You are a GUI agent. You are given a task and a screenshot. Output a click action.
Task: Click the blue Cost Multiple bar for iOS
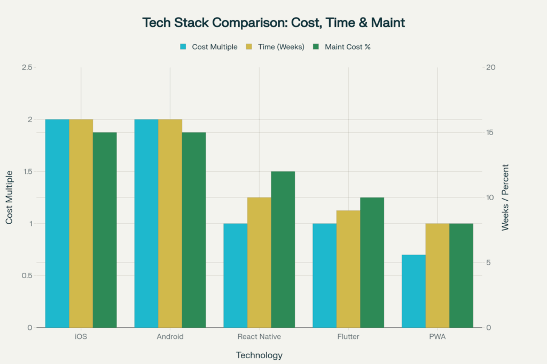click(x=57, y=224)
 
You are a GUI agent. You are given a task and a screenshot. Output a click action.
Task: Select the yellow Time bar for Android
click(x=170, y=224)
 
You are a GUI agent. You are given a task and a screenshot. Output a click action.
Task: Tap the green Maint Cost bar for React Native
click(x=283, y=250)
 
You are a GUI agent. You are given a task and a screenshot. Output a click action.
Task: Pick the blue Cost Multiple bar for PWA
click(x=414, y=291)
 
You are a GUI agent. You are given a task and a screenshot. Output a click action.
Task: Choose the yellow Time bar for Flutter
click(x=348, y=269)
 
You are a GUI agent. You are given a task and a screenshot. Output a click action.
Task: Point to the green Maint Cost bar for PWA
click(x=461, y=275)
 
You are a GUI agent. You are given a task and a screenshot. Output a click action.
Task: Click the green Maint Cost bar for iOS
click(x=105, y=230)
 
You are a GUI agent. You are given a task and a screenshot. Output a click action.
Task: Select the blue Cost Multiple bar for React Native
click(x=236, y=275)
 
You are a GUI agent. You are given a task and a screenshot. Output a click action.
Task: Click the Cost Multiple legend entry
click(x=209, y=47)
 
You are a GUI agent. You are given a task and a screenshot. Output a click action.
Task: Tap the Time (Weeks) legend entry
click(x=275, y=47)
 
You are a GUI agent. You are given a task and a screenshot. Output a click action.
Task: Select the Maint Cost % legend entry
click(x=341, y=47)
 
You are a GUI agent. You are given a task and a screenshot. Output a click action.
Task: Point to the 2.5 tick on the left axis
click(x=27, y=67)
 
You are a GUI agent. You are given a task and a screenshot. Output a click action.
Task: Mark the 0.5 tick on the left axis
click(x=27, y=275)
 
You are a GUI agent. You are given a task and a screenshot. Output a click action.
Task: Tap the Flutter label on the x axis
click(x=348, y=337)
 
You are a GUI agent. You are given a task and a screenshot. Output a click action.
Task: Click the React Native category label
click(x=259, y=337)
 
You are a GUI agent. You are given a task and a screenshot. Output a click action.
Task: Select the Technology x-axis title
click(x=259, y=355)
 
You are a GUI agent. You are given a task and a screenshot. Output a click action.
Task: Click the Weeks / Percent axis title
click(x=505, y=197)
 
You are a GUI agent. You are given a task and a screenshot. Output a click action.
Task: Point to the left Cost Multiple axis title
click(x=9, y=197)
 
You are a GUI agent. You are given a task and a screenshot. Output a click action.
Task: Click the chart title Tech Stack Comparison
click(x=273, y=22)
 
